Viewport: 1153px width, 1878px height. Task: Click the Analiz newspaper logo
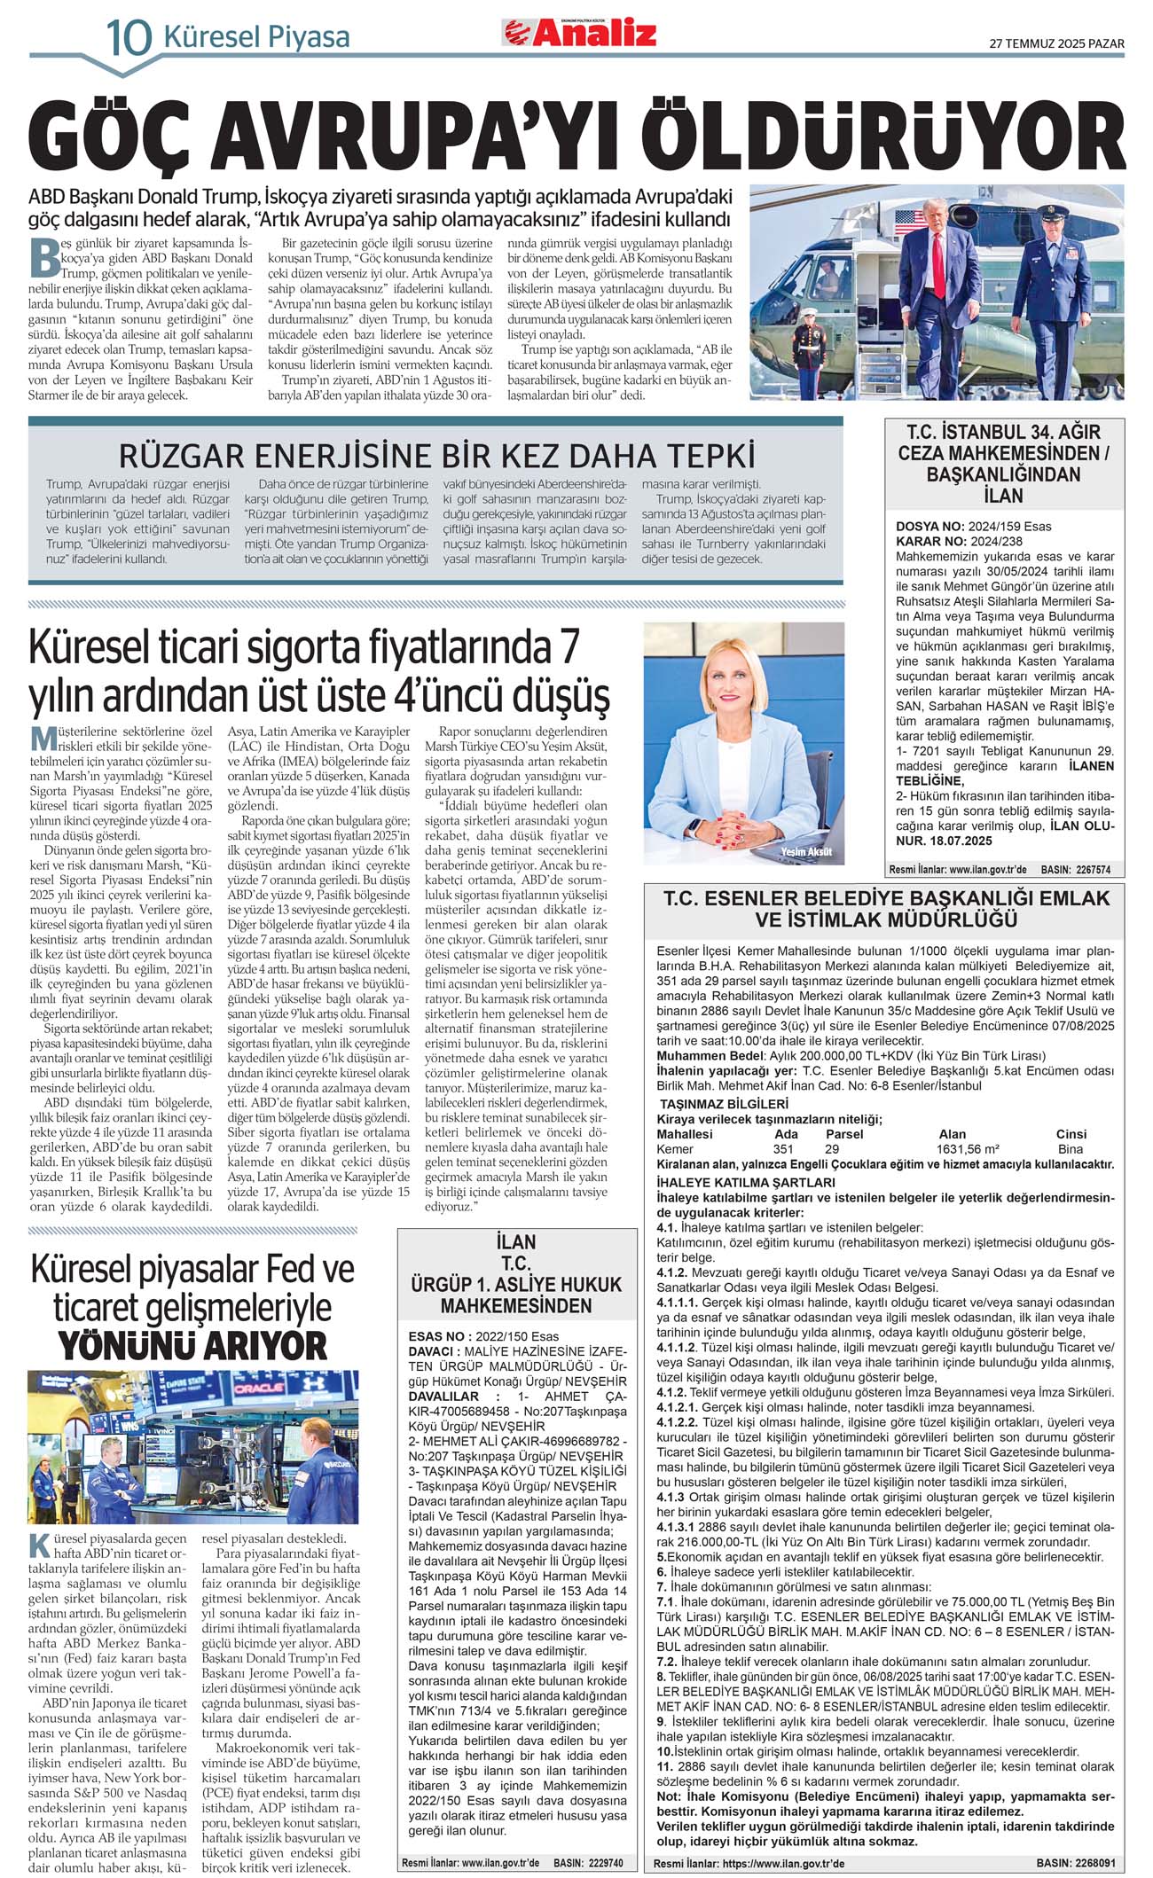[581, 33]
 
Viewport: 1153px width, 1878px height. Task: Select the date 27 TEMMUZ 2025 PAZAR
[1056, 43]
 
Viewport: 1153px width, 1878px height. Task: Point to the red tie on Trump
[938, 252]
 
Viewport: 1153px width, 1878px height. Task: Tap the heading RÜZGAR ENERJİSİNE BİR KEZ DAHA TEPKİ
[436, 456]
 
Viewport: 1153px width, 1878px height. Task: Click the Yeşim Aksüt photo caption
[806, 852]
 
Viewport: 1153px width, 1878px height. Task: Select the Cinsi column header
[1071, 1134]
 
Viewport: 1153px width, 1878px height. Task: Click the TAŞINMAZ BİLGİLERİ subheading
[724, 1104]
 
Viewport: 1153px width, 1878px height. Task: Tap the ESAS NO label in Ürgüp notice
[438, 1336]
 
